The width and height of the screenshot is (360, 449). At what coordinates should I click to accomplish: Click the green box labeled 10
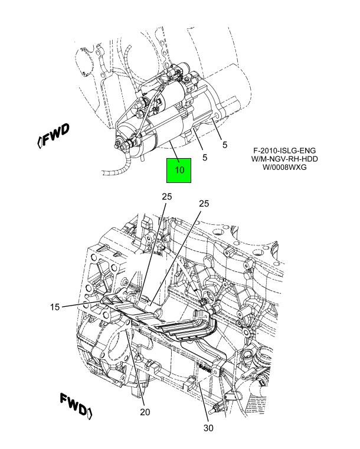pyautogui.click(x=179, y=170)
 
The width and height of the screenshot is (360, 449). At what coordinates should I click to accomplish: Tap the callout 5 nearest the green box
pyautogui.click(x=204, y=158)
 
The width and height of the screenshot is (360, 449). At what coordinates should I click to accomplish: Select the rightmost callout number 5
pyautogui.click(x=225, y=144)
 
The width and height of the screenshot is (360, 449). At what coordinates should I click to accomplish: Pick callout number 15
pyautogui.click(x=55, y=306)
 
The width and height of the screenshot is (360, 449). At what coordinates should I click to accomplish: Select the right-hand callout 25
pyautogui.click(x=204, y=204)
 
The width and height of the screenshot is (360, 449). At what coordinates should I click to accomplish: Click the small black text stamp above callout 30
pyautogui.click(x=205, y=366)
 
